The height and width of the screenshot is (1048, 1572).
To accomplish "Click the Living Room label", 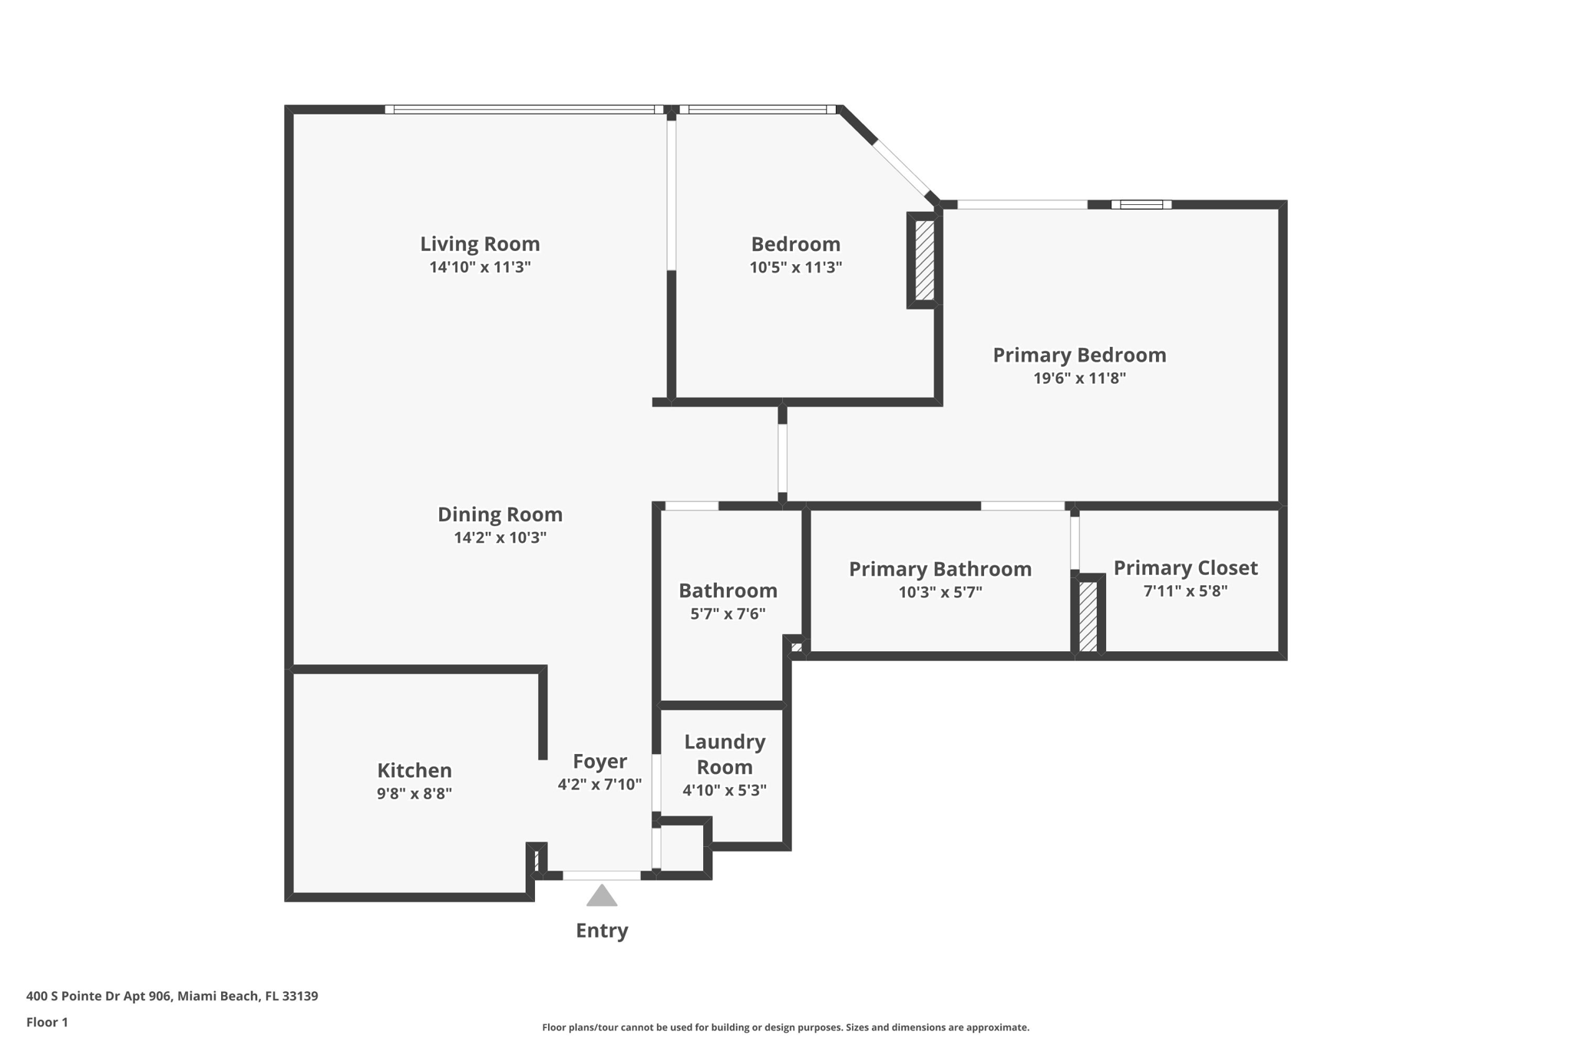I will click(x=480, y=244).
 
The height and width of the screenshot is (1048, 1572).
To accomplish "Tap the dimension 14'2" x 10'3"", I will click(x=500, y=537).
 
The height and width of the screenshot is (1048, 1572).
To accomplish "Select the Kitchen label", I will click(x=414, y=770).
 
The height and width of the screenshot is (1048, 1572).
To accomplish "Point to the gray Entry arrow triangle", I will click(x=602, y=897).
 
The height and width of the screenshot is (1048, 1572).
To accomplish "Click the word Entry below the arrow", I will click(x=602, y=931).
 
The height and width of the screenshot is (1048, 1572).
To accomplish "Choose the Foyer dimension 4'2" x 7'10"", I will click(x=599, y=785).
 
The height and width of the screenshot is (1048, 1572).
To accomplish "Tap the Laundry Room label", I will click(x=725, y=754).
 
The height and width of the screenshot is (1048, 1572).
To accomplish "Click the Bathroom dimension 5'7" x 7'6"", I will click(x=728, y=613).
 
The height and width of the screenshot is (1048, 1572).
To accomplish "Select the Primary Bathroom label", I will click(x=940, y=569).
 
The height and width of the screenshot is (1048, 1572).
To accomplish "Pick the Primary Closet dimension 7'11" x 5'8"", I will click(x=1185, y=591).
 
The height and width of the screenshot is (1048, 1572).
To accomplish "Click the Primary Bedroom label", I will click(x=1079, y=355).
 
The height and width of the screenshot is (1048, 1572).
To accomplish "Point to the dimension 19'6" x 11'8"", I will click(x=1079, y=378).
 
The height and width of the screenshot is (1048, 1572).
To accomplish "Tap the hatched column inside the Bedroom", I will click(x=924, y=261).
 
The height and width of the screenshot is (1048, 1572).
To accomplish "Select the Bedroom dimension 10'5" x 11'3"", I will click(x=795, y=267).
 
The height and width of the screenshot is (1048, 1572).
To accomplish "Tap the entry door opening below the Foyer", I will click(x=602, y=875).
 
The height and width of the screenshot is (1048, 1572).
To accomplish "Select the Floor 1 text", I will click(x=47, y=1022).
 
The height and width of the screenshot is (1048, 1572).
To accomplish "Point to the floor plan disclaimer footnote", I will click(x=785, y=1027).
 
